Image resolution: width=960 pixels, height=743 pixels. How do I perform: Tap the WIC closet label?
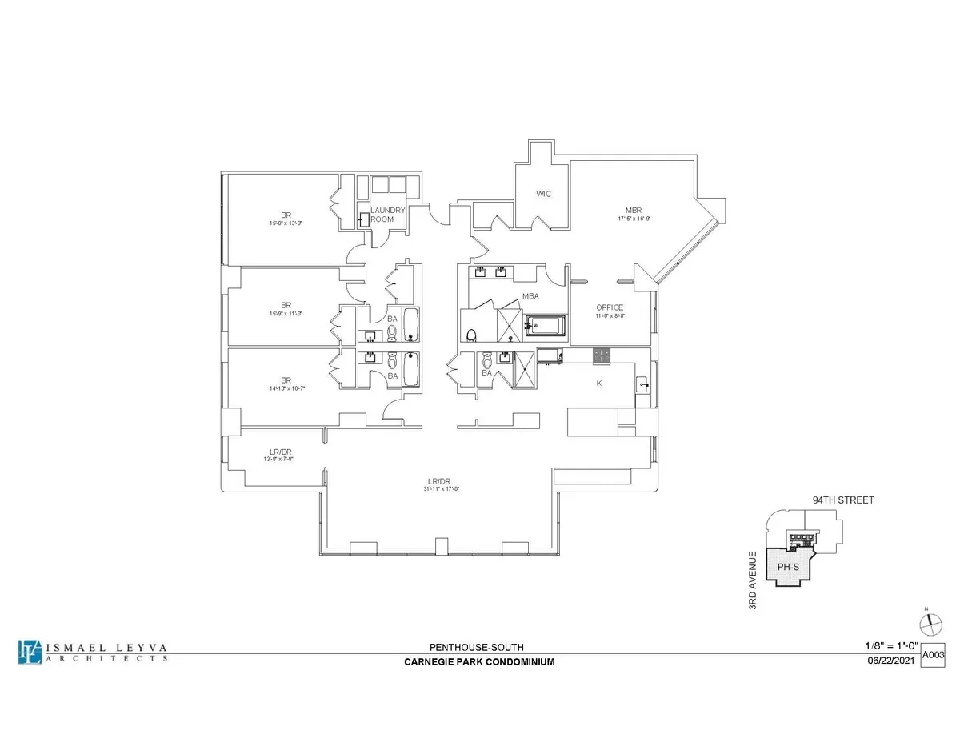(x=544, y=194)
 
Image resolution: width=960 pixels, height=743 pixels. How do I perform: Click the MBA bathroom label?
(x=530, y=295)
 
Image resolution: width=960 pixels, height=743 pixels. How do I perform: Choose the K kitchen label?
(x=598, y=384)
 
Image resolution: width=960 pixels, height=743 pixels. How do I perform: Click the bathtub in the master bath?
(x=545, y=326)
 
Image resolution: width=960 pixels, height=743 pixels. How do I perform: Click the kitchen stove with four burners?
(x=602, y=354)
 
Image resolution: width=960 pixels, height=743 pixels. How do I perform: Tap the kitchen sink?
(x=642, y=386)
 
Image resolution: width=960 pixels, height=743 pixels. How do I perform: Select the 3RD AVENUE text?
(x=752, y=578)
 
